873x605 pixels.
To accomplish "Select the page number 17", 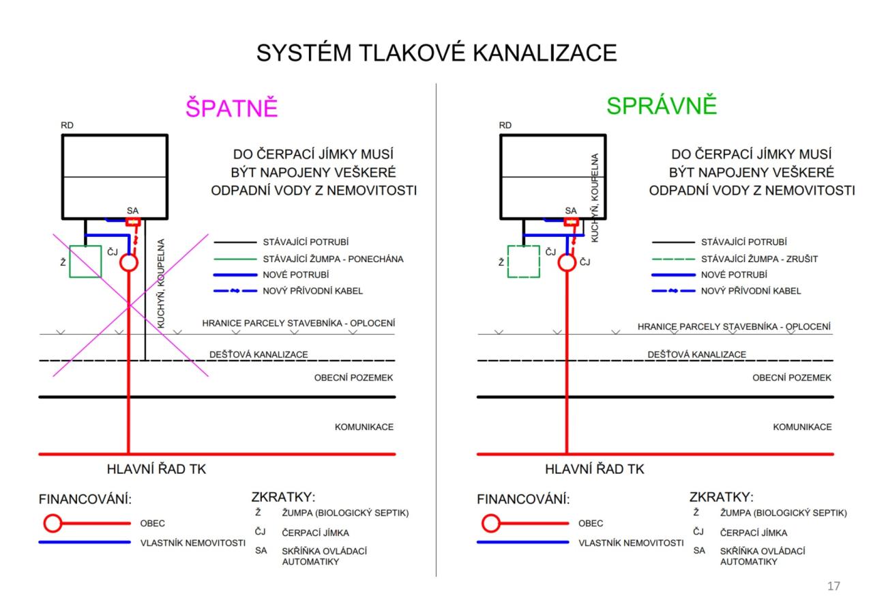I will point(833,586).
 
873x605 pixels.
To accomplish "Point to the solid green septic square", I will point(85,262).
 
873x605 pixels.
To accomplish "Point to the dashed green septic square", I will point(524,262).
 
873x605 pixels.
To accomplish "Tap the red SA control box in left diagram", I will point(134,222).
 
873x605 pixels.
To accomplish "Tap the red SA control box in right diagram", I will point(572,222).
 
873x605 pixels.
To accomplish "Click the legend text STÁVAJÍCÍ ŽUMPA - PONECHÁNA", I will point(333,259).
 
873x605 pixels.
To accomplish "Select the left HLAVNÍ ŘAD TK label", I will point(156,469).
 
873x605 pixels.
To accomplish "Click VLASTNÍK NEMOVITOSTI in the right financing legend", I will point(631,543).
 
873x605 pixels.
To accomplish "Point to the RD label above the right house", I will point(505,125).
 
